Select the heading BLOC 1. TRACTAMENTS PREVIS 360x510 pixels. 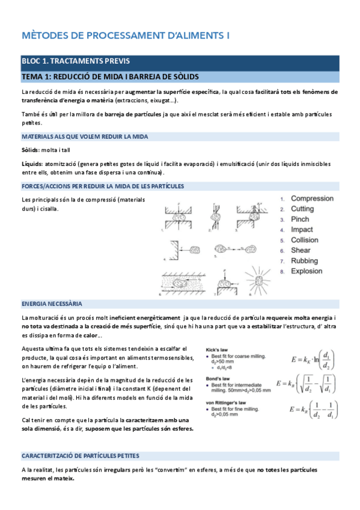pyautogui.click(x=75, y=61)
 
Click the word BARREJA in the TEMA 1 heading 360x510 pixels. pyautogui.click(x=130, y=76)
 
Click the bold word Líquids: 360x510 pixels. pyautogui.click(x=32, y=164)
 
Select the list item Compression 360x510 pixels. pyautogui.click(x=312, y=198)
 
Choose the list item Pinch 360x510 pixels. pyautogui.click(x=301, y=220)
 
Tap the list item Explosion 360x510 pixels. pyautogui.click(x=307, y=271)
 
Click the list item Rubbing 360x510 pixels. pyautogui.click(x=305, y=261)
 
